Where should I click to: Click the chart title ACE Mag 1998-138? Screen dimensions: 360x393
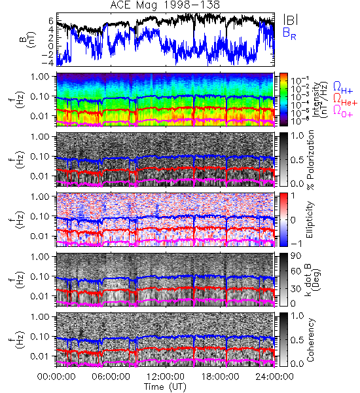pos(165,5)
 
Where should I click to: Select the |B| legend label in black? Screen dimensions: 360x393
pos(291,20)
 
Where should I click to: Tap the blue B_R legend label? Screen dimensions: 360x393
pos(289,33)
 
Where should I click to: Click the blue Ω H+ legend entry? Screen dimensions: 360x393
pos(343,88)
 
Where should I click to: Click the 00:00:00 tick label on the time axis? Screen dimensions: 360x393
pos(56,377)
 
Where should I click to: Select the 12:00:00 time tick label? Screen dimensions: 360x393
pos(166,377)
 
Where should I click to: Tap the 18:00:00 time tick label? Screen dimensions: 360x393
pos(220,377)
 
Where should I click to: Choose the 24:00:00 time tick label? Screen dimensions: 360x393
pos(274,377)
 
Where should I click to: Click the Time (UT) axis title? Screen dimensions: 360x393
pos(166,386)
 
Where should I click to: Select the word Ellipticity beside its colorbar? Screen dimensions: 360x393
pos(310,219)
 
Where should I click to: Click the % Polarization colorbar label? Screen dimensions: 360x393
pos(310,160)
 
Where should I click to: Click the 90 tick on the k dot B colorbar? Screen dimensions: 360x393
pos(295,256)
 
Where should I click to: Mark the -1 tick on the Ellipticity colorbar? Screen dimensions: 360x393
pos(297,244)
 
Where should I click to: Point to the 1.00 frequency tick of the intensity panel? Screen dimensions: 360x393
pos(41,77)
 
